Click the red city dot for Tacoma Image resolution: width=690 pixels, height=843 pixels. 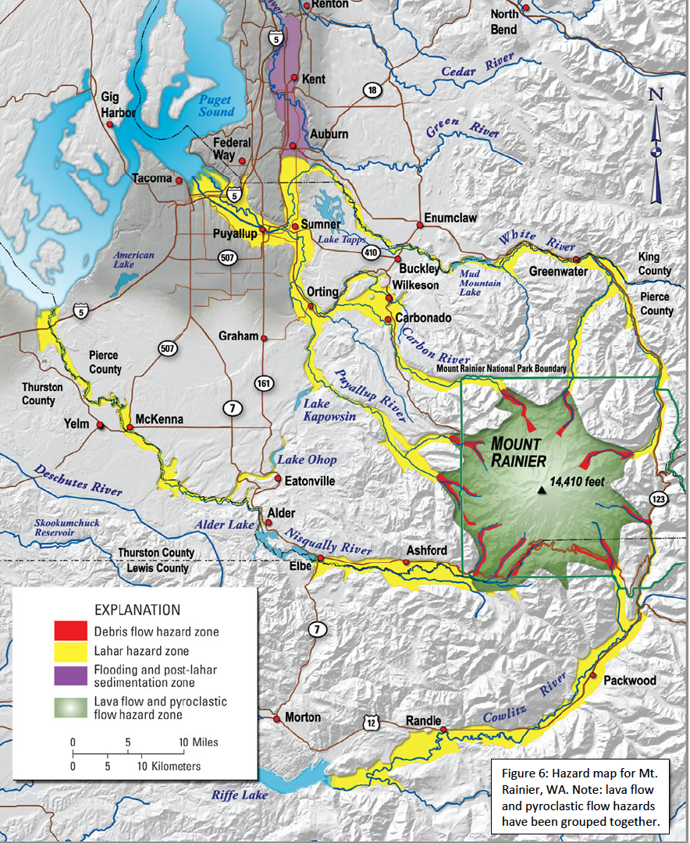pyautogui.click(x=180, y=180)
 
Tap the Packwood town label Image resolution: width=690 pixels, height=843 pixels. pyautogui.click(x=630, y=681)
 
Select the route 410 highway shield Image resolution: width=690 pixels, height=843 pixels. pyautogui.click(x=371, y=253)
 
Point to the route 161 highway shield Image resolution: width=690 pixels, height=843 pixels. pyautogui.click(x=263, y=382)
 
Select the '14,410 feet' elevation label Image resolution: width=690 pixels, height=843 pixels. pyautogui.click(x=578, y=481)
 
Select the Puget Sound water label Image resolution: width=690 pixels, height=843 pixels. pyautogui.click(x=215, y=105)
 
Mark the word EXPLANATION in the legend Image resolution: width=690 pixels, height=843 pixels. pyautogui.click(x=137, y=609)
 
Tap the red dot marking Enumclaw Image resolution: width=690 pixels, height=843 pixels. pyautogui.click(x=420, y=225)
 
